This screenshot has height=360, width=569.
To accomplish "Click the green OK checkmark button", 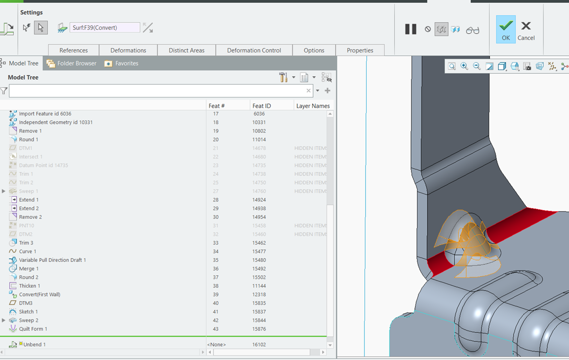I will pos(505,29).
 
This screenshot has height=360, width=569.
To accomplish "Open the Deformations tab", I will pos(128,50).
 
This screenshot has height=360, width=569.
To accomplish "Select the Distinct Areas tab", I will pos(186,50).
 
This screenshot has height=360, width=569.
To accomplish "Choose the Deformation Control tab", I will pos(254,50).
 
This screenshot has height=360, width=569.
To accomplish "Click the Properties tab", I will pos(360,50).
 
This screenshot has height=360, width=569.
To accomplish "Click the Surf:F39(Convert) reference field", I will pos(104,28).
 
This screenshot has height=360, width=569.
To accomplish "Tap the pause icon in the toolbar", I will pos(410,29).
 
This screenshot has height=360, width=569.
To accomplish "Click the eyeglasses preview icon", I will pos(472,30).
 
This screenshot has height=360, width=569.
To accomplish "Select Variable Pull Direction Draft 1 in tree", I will pos(52,260).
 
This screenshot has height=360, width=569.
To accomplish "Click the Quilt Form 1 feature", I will pos(33,329).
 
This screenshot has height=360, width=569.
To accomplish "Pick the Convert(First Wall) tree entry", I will pos(39,294).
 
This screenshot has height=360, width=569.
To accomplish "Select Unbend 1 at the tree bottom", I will pos(34,344).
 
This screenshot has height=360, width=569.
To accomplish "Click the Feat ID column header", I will pos(261,106).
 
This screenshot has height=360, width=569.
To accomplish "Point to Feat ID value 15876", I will pos(259,329).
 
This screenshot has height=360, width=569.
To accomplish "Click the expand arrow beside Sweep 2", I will pos(4,320).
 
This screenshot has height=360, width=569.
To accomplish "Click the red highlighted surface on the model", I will pos(530,217).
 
